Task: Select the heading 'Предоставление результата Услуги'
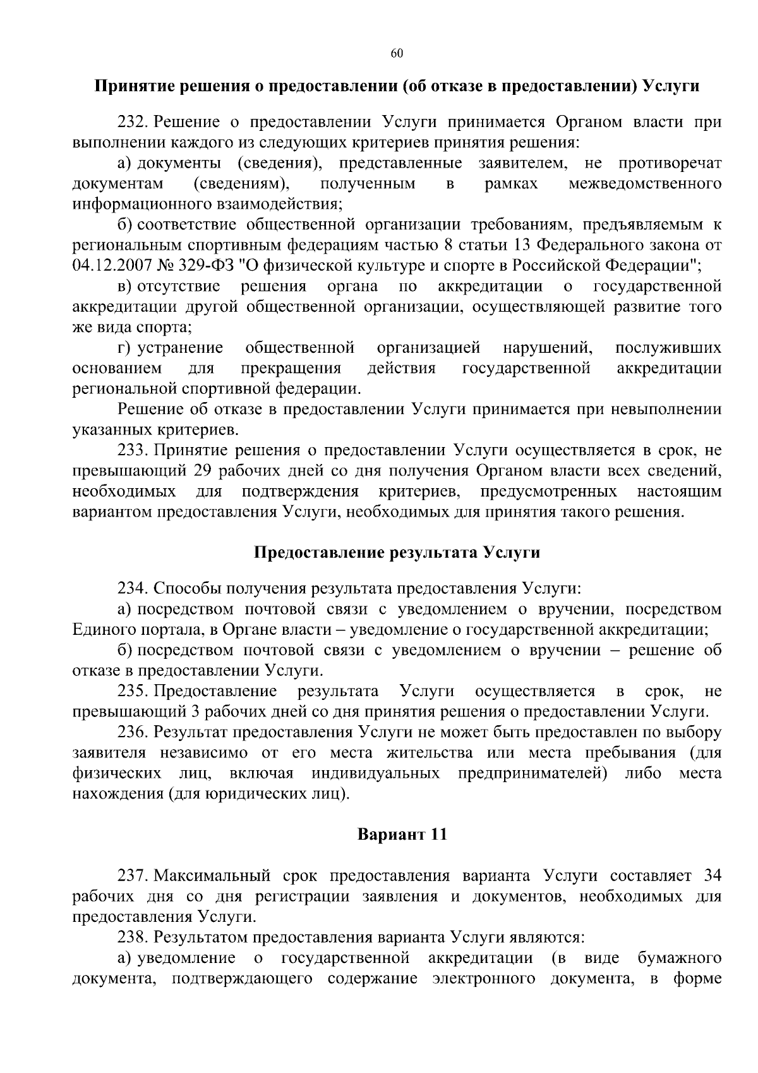397,553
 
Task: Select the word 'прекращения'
291,369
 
